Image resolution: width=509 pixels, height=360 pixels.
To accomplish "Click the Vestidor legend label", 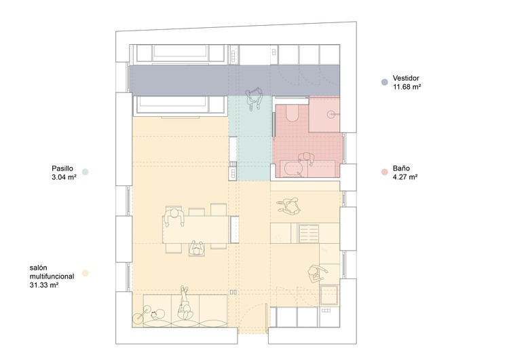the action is point(406,78).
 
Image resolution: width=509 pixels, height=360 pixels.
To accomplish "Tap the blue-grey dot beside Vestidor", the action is point(384,82).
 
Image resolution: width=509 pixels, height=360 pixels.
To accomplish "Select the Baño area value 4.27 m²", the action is point(405,177).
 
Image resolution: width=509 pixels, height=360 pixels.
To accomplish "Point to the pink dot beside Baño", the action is point(384,173).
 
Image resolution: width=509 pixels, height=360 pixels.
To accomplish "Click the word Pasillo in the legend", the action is point(62,168).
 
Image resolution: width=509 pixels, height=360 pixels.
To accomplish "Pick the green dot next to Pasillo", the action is point(85,172).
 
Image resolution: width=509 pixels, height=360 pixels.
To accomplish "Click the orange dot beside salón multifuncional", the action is point(85,273).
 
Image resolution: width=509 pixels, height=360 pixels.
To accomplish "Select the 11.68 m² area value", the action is point(407,87).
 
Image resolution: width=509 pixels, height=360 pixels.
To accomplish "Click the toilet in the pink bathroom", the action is point(292,113).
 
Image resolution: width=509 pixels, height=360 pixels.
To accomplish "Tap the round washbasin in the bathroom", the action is point(331,114).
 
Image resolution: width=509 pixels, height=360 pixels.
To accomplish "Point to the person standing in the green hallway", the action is point(254,98).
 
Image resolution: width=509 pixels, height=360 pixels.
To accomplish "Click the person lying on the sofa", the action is point(185,304).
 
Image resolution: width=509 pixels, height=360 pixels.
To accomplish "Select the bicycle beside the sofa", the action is point(149,314).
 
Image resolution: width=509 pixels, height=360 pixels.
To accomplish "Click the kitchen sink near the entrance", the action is point(329,295).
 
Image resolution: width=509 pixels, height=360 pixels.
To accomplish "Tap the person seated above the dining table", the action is point(174,217).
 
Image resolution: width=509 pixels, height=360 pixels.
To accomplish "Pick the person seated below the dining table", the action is point(196,249).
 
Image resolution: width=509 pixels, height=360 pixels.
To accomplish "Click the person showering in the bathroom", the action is point(306,158).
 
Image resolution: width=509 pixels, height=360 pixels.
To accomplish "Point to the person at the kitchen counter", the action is point(316,274).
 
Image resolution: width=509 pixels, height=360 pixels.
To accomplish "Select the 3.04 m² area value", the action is point(64,177).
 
